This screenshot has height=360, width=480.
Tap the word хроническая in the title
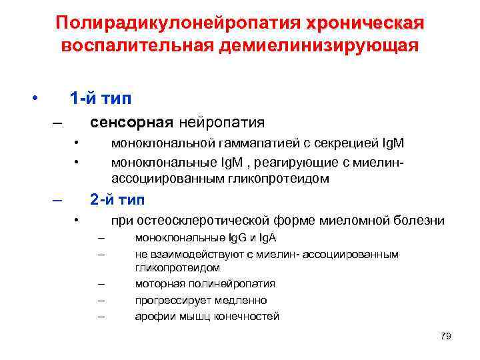pyautogui.click(x=365, y=23)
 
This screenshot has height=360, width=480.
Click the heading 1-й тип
pyautogui.click(x=101, y=99)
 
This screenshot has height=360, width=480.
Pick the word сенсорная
pyautogui.click(x=132, y=123)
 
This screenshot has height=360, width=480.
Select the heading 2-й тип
pyautogui.click(x=117, y=199)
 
